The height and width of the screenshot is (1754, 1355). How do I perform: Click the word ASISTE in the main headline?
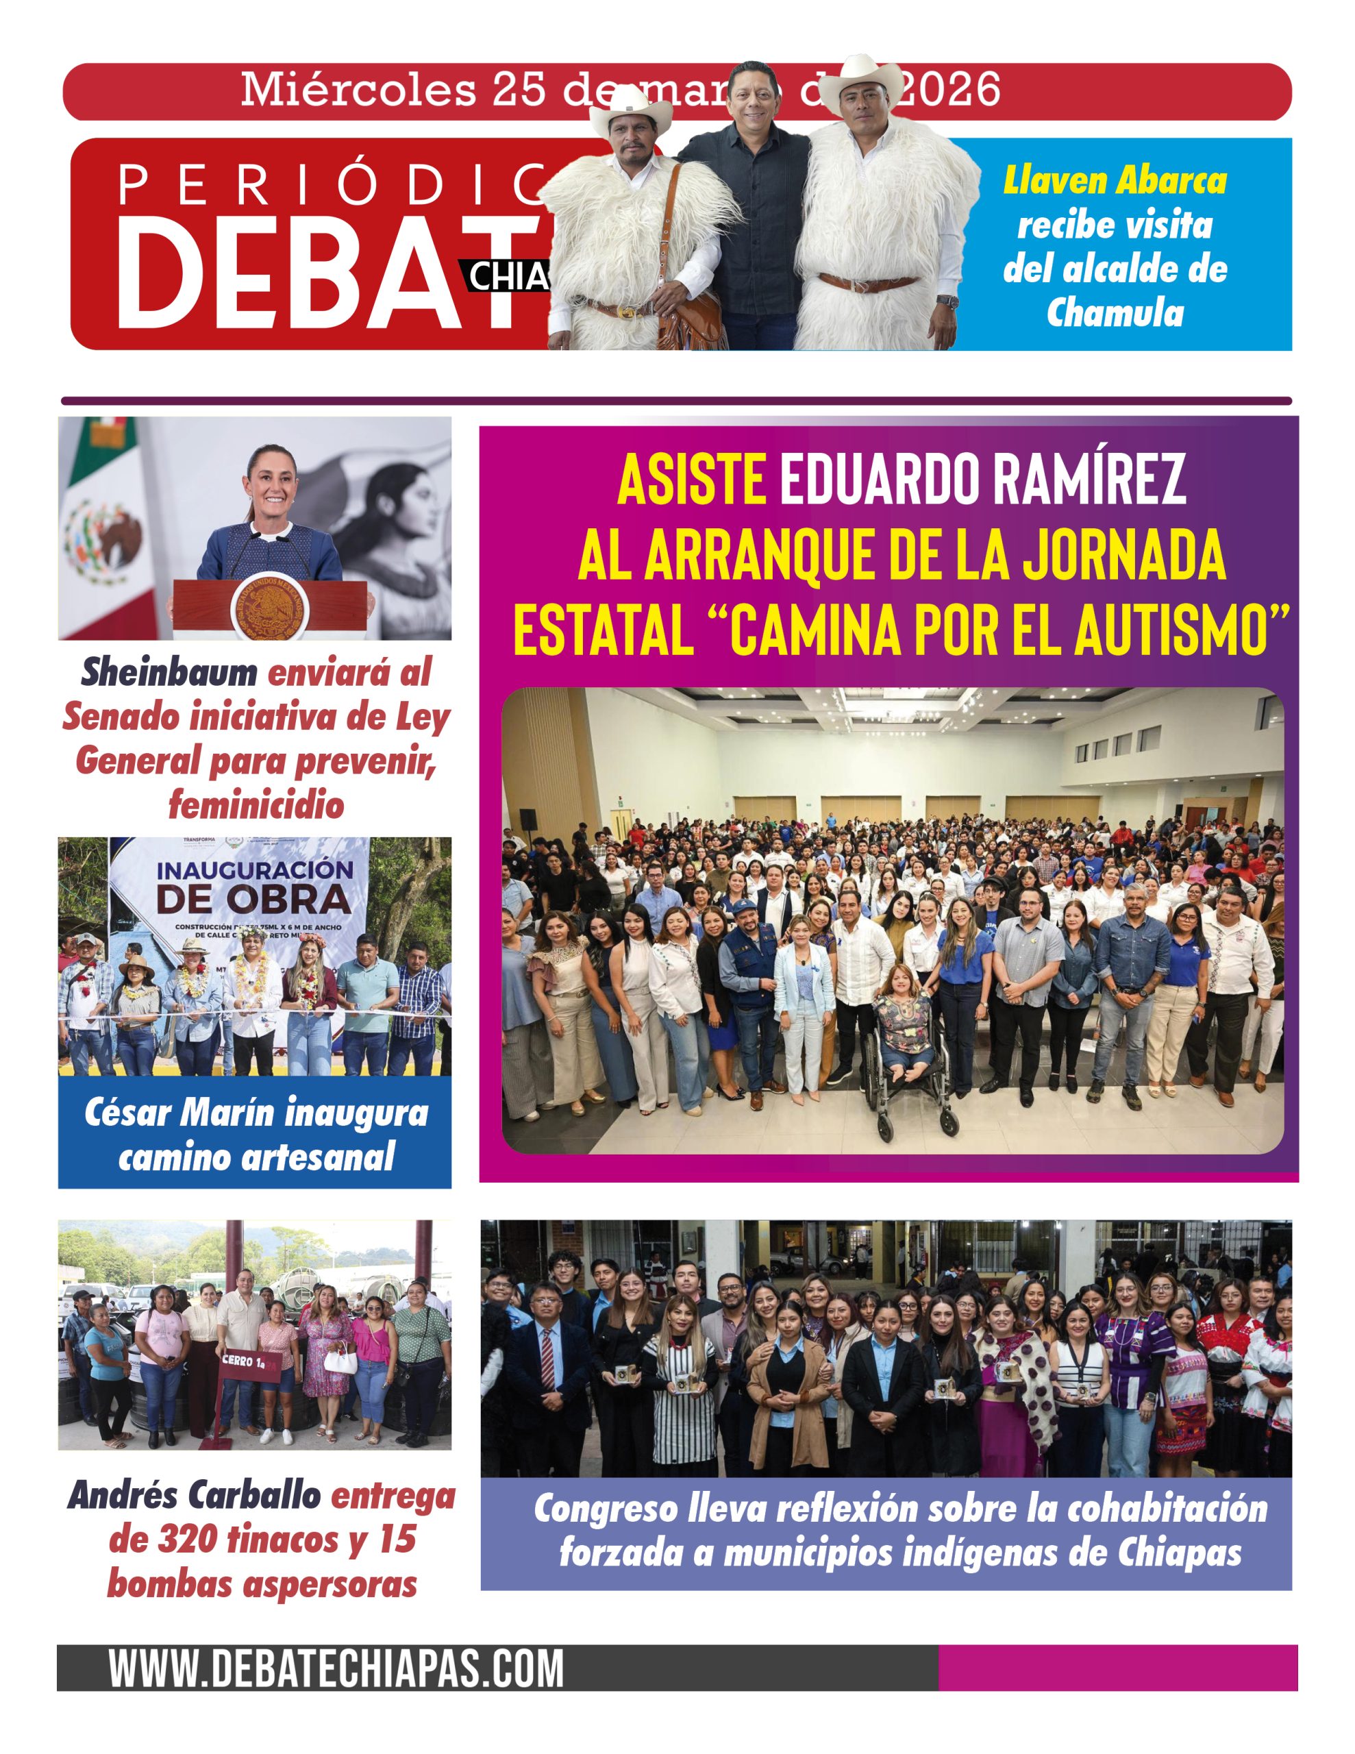691,480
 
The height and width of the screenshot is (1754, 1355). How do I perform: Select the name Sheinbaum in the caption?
168,672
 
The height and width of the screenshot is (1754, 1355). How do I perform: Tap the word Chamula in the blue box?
1115,312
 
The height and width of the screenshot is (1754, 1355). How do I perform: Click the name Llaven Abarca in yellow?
1115,181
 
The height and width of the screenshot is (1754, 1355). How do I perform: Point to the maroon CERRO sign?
247,1362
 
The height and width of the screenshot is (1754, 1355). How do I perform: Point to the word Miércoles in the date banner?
358,90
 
